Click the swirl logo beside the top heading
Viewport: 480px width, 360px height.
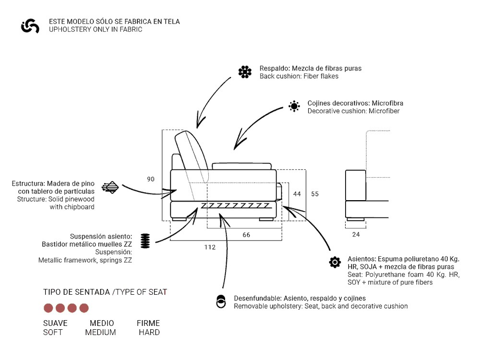(30, 26)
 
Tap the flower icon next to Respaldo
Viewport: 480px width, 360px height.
(245, 72)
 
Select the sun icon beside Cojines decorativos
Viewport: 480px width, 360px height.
(294, 107)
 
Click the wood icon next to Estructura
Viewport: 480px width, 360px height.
(110, 187)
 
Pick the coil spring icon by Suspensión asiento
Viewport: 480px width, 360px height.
(145, 240)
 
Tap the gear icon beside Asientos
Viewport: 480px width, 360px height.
(335, 262)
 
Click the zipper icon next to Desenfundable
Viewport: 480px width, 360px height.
(221, 301)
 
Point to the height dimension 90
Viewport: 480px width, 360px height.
(151, 179)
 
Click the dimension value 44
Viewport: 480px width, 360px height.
(297, 194)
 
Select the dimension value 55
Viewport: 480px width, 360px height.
(314, 194)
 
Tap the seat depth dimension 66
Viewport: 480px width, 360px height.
(246, 235)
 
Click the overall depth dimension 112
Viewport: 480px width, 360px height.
(210, 247)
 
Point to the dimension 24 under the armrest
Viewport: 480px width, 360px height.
(356, 235)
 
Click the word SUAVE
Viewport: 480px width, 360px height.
(55, 323)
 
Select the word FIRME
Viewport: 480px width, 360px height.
(148, 323)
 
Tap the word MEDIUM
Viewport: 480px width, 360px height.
(101, 332)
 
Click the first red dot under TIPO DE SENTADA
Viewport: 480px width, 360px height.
(48, 308)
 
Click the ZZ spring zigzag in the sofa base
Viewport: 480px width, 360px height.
(235, 205)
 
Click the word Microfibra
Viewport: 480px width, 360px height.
(387, 103)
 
